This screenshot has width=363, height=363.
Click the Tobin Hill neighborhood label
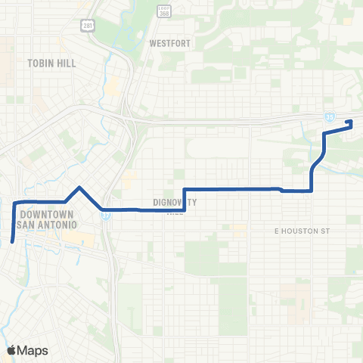tap(51, 63)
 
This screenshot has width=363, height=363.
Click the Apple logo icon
tap(11, 350)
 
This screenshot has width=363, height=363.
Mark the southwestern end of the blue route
tap(13, 241)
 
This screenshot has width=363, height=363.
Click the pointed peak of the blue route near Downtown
tap(79, 186)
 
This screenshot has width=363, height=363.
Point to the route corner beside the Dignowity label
tap(185, 209)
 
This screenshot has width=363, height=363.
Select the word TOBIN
tap(41, 63)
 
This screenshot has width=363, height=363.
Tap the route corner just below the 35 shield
tap(324, 133)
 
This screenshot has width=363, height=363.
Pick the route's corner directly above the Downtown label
tap(15, 201)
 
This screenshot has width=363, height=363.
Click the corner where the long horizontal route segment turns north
tap(312, 191)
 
